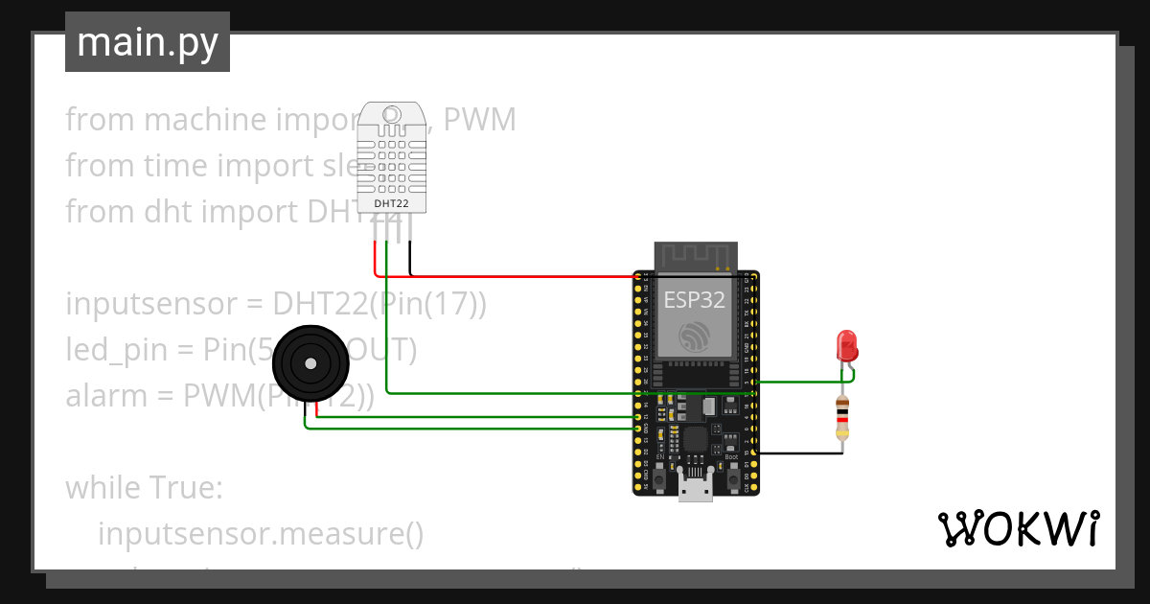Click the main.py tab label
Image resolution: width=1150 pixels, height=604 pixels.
pyautogui.click(x=147, y=42)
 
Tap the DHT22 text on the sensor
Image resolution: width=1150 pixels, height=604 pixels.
pyautogui.click(x=388, y=203)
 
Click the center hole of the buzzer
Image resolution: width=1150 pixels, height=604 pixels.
pyautogui.click(x=309, y=363)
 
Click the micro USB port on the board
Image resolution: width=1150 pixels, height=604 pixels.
pyautogui.click(x=695, y=488)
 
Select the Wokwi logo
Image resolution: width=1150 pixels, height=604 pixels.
pyautogui.click(x=1018, y=528)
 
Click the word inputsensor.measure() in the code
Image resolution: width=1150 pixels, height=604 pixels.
pyautogui.click(x=261, y=534)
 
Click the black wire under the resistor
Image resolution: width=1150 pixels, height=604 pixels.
pyautogui.click(x=800, y=453)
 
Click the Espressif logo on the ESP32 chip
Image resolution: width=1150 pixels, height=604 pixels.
pyautogui.click(x=695, y=336)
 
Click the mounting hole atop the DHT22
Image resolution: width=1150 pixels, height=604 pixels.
pyautogui.click(x=391, y=115)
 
